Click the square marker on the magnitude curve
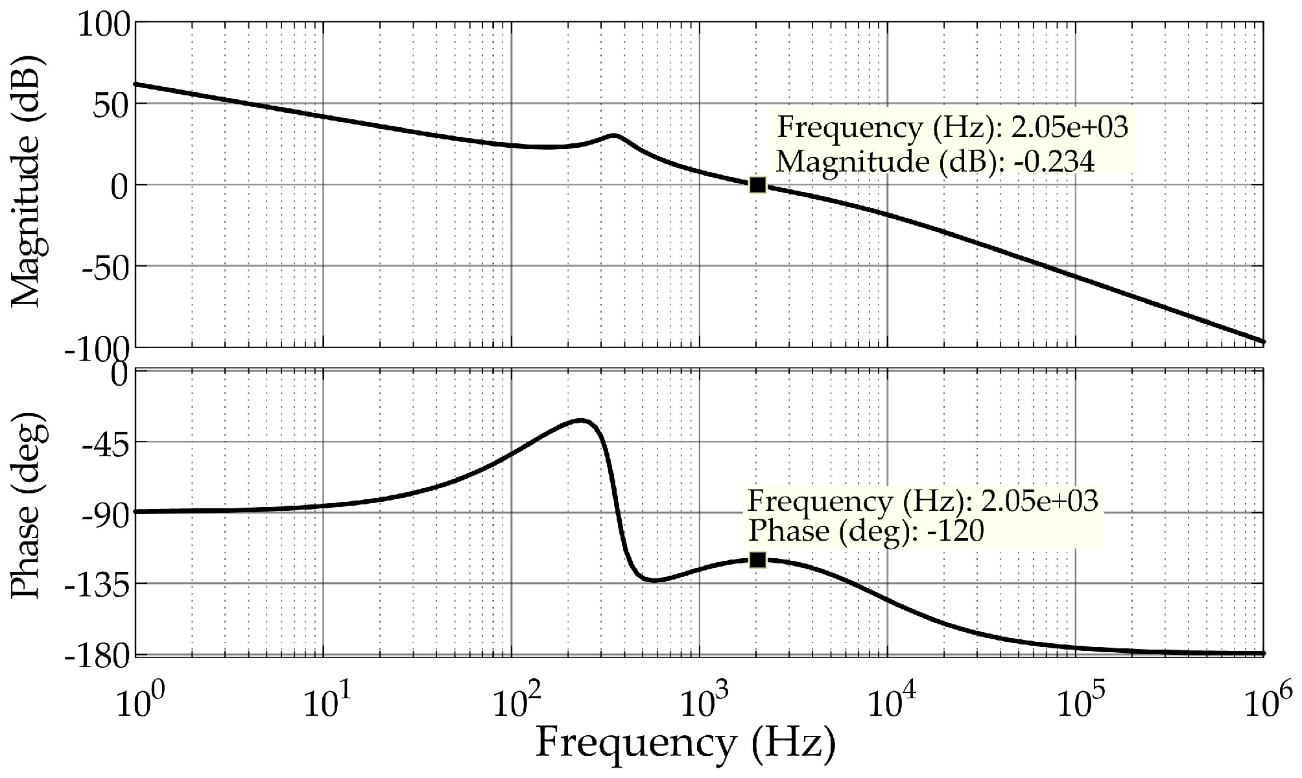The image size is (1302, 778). (x=757, y=185)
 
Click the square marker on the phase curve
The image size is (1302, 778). (x=757, y=560)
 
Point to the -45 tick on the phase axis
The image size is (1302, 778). (x=102, y=443)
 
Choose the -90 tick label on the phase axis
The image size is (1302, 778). (x=102, y=513)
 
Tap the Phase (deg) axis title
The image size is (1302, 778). (x=27, y=512)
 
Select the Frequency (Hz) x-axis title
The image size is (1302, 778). (x=685, y=744)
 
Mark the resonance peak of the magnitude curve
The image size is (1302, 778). (x=613, y=135)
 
